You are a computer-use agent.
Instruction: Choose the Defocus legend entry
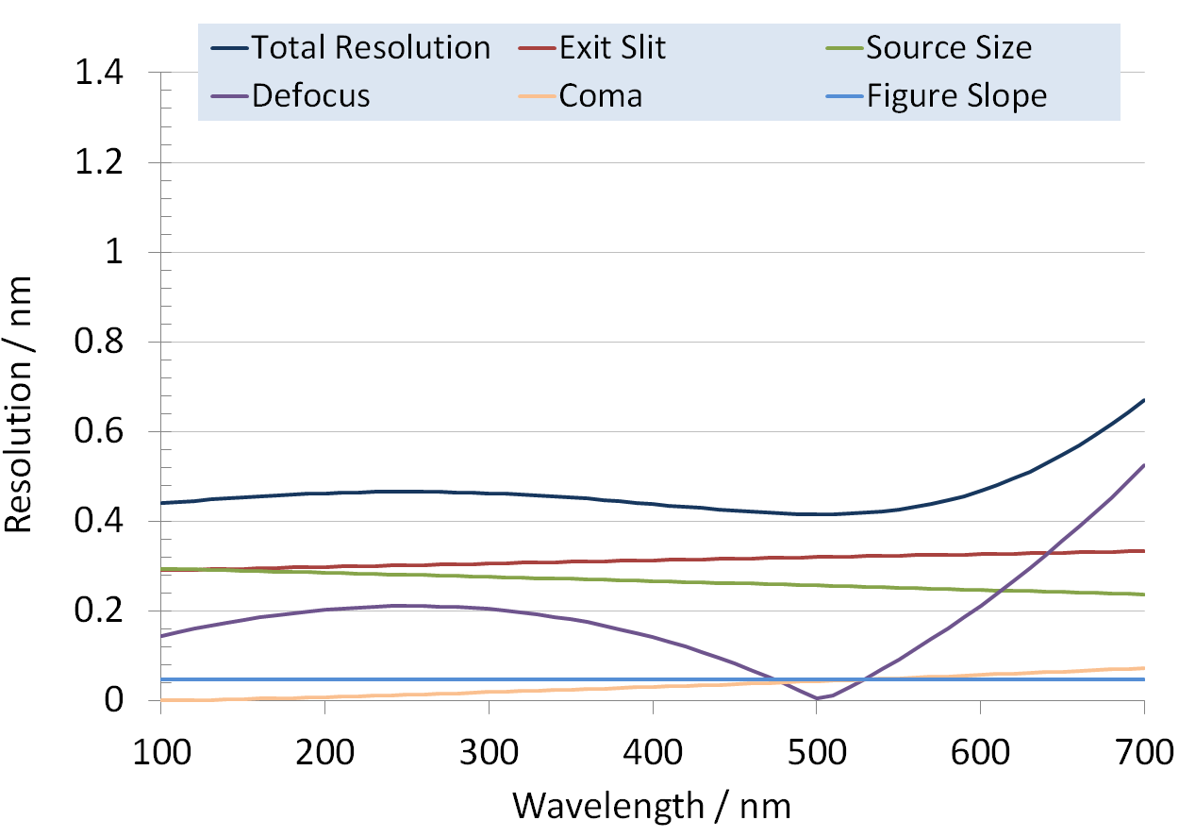coord(310,95)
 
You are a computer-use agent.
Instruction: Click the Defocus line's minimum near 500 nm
coord(816,698)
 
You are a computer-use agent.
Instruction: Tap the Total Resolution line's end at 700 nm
coord(1143,400)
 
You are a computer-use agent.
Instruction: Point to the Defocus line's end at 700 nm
coord(1143,465)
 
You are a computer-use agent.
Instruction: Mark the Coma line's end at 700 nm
coord(1143,668)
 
